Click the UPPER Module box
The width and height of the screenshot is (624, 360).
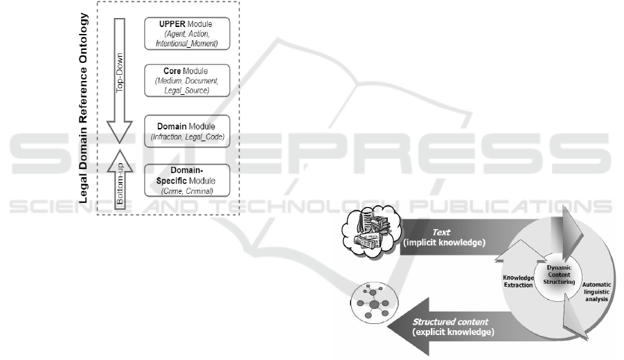point(188,33)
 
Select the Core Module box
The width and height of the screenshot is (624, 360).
point(188,81)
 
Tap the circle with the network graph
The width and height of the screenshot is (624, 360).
point(374,303)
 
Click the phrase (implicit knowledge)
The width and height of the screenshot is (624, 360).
point(444,244)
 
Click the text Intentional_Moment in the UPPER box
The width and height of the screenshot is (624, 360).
point(188,43)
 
